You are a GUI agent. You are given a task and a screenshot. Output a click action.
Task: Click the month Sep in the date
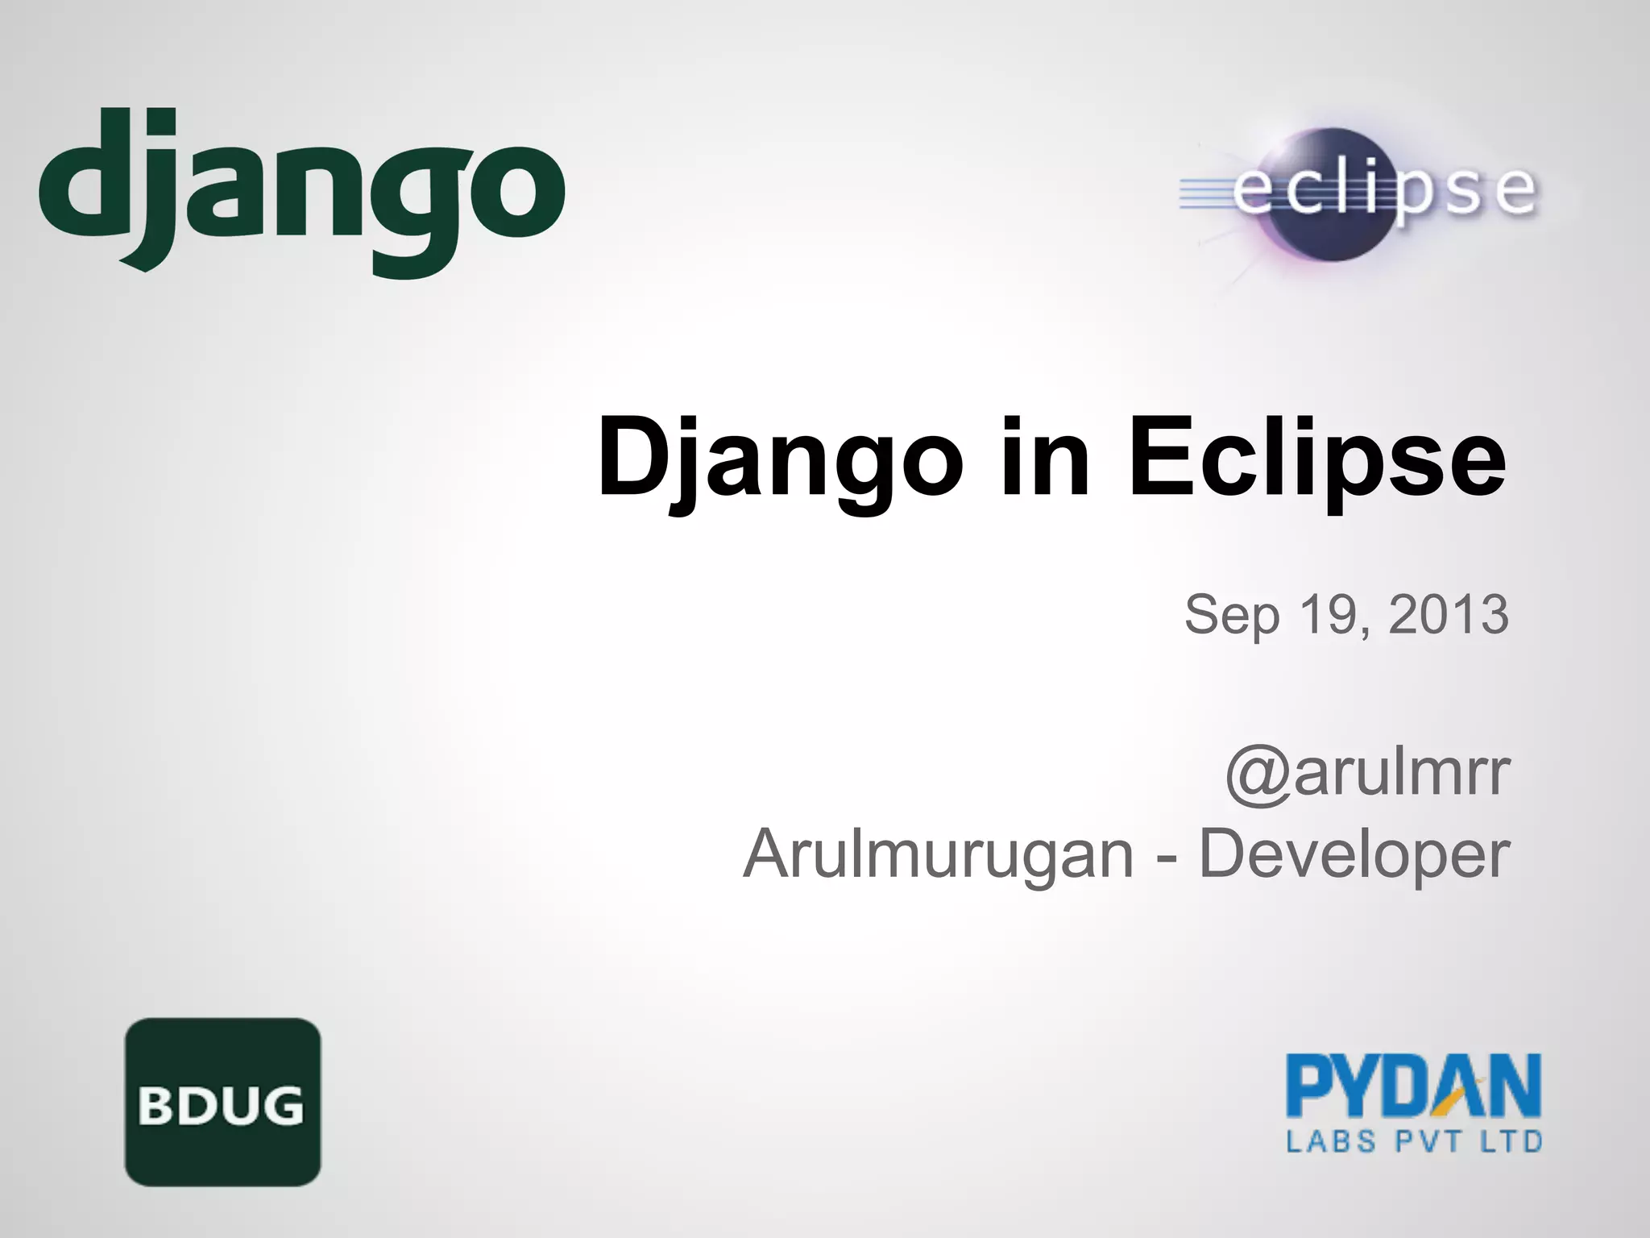pyautogui.click(x=1231, y=614)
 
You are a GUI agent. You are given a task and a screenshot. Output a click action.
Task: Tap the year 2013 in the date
pyautogui.click(x=1449, y=614)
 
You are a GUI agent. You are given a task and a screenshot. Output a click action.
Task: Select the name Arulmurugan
pyautogui.click(x=939, y=854)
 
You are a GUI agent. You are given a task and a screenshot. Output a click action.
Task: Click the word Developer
pyautogui.click(x=1354, y=854)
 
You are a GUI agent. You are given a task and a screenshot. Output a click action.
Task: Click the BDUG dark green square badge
pyautogui.click(x=222, y=1102)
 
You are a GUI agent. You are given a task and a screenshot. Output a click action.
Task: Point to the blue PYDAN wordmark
pyautogui.click(x=1413, y=1086)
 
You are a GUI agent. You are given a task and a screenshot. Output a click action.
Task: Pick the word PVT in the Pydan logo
pyautogui.click(x=1420, y=1142)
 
